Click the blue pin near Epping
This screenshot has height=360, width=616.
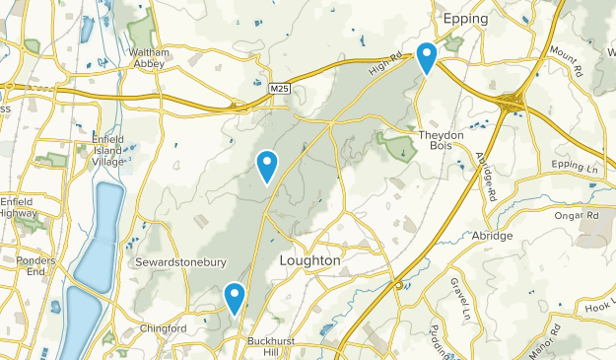(427, 57)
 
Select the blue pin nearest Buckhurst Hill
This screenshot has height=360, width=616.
(234, 297)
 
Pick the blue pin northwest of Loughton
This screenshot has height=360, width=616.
(266, 166)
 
